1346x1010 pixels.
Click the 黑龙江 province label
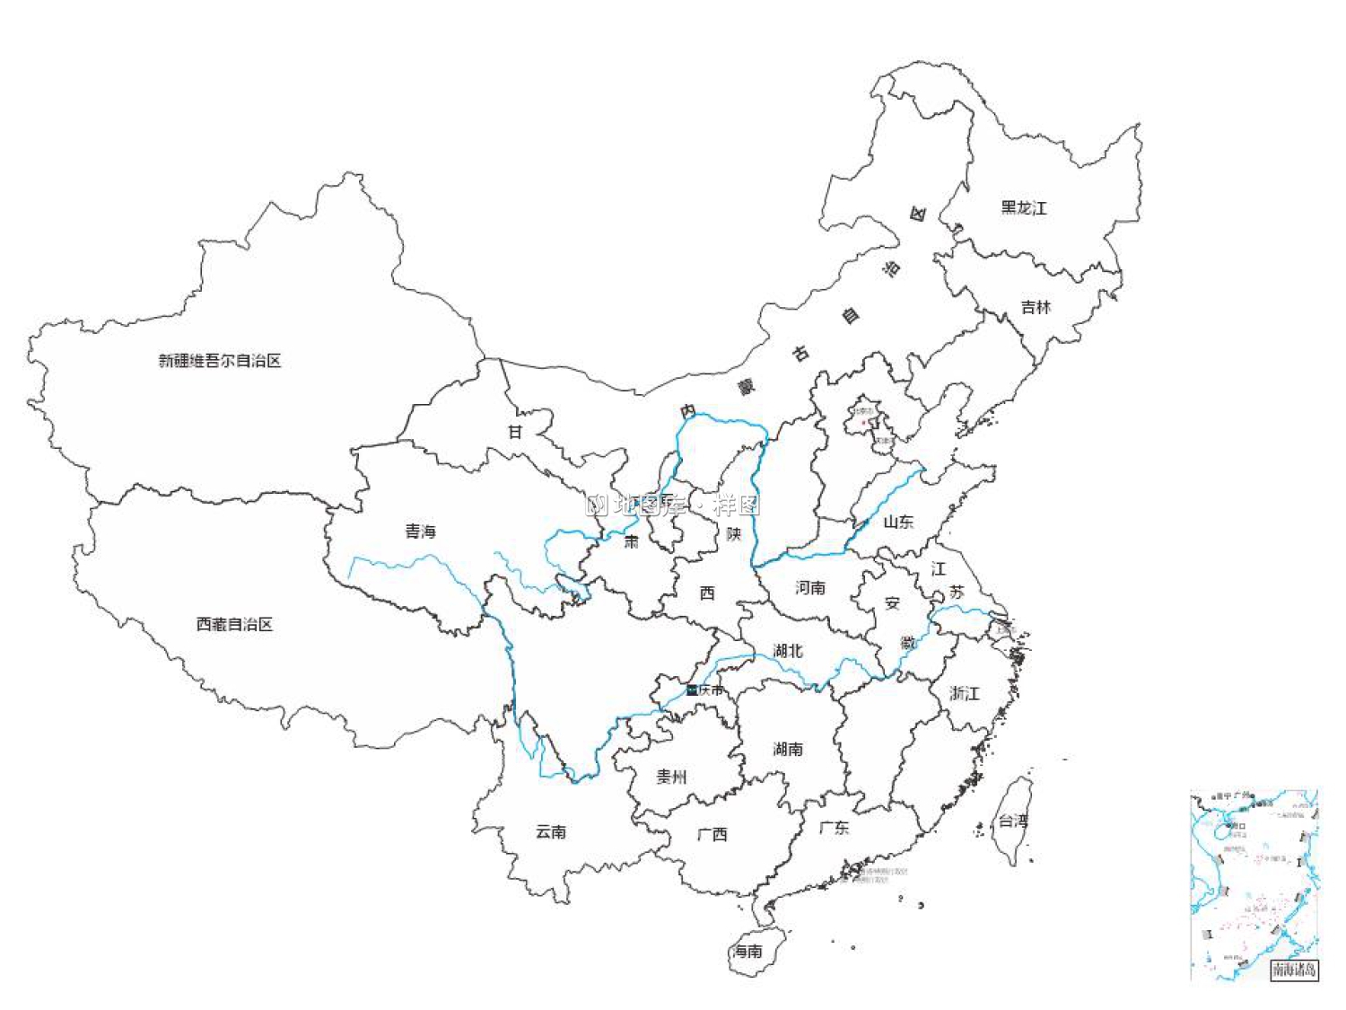pos(1024,208)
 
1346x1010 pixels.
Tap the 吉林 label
pos(1036,307)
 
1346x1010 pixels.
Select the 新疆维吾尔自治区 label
pos(220,361)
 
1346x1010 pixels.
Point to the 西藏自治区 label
pos(234,624)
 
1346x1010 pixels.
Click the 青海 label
pos(420,531)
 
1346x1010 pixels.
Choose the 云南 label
pos(551,831)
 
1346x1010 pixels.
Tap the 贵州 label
pos(671,777)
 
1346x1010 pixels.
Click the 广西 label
pos(712,834)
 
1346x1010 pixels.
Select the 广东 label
pos(835,827)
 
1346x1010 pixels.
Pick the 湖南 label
pos(788,749)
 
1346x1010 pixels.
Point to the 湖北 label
pos(788,651)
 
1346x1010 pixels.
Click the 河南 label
pos(810,588)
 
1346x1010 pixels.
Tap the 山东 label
pos(898,522)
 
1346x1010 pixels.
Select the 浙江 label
pos(965,693)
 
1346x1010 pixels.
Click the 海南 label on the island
pos(747,951)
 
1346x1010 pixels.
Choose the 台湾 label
pos(1014,821)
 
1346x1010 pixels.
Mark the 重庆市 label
pos(705,689)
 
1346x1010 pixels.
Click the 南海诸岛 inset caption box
pos(1294,970)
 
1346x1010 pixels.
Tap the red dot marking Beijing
pos(864,422)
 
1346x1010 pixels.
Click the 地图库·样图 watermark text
pos(674,505)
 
